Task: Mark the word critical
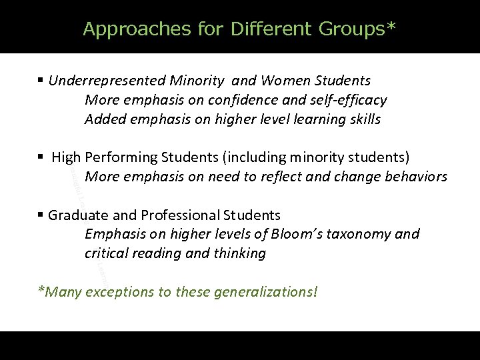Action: click(107, 253)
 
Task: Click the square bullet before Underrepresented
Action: click(41, 81)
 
